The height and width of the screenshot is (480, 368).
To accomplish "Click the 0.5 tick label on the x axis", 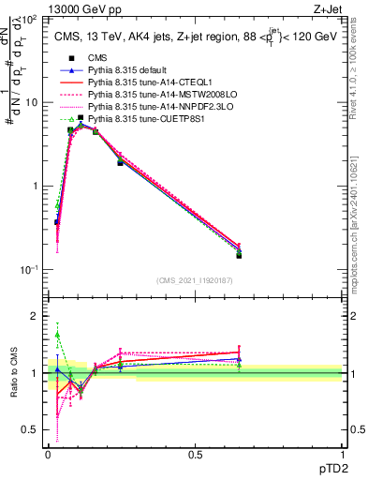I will pyautogui.click(x=195, y=454).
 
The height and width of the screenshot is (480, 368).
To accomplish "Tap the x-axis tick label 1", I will pyautogui.click(x=342, y=454).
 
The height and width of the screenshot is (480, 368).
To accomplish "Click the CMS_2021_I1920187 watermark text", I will pyautogui.click(x=195, y=280).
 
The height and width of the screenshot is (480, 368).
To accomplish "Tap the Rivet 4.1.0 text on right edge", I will pyautogui.click(x=360, y=66).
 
